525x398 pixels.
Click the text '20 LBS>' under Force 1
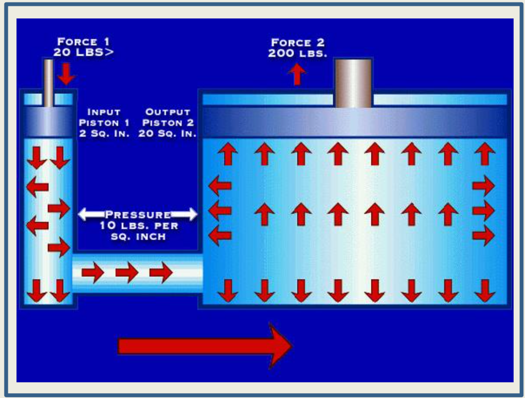tap(83, 52)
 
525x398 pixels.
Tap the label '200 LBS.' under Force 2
tap(298, 53)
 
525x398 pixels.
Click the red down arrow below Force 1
tap(66, 74)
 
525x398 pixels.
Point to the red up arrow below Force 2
tap(297, 74)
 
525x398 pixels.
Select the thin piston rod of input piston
tap(48, 83)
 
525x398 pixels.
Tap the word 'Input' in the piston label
tap(104, 112)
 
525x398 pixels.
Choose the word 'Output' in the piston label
tap(168, 112)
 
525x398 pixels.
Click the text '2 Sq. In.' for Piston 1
tap(104, 134)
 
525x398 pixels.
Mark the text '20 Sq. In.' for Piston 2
tap(167, 134)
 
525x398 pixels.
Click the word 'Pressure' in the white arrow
tap(138, 215)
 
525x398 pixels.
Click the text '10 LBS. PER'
tap(139, 226)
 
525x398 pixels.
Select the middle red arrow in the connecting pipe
tap(127, 272)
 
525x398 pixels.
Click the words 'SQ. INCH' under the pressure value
tap(138, 237)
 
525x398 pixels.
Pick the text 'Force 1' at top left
tap(83, 42)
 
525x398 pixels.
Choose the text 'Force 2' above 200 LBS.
tap(298, 42)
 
